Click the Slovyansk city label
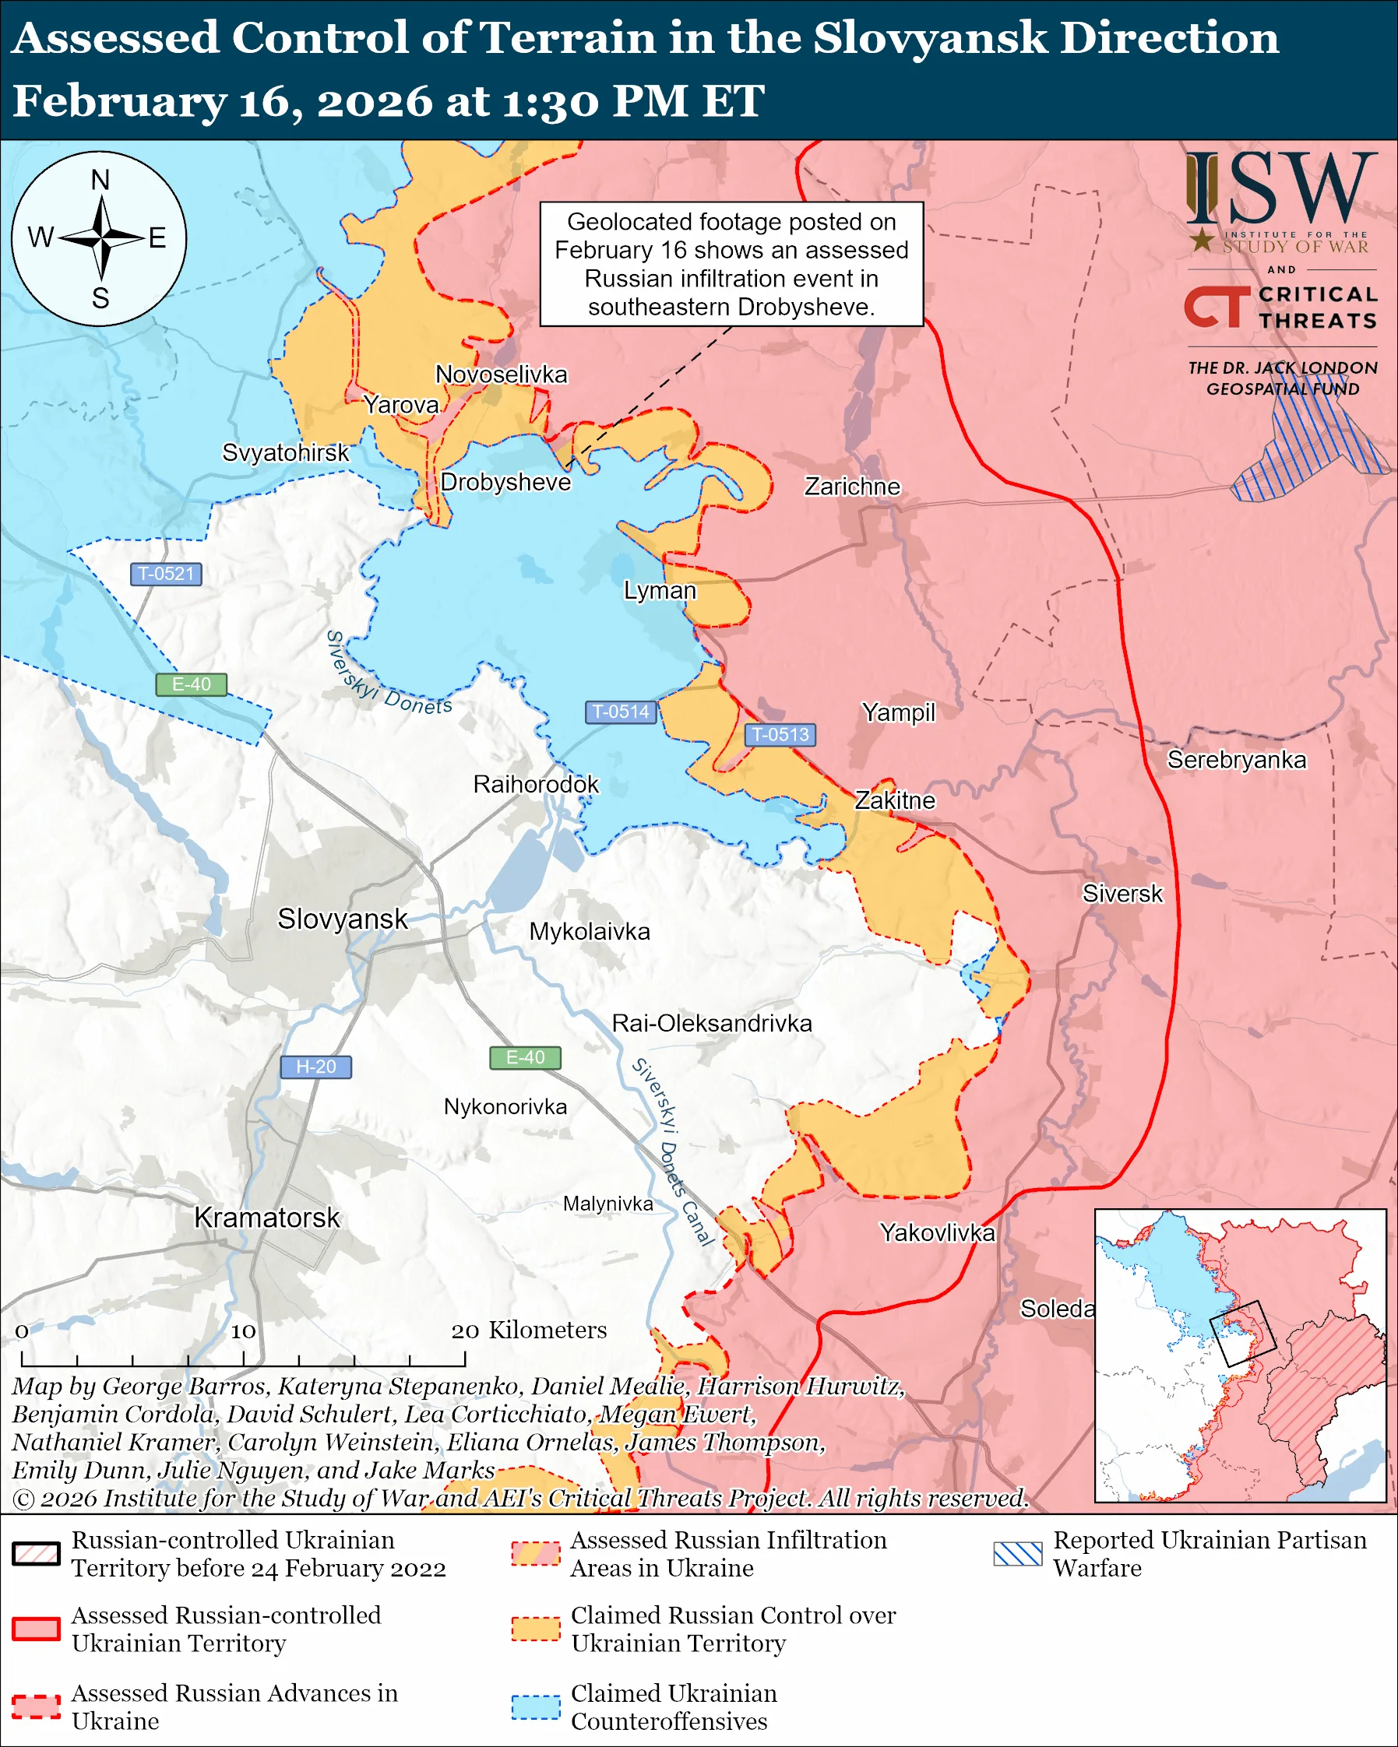[x=342, y=919]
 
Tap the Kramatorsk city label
[x=266, y=1218]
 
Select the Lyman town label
[x=659, y=590]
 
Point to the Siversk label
[x=1122, y=894]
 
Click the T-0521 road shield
[x=165, y=574]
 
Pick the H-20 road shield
[x=315, y=1067]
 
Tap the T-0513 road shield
[x=780, y=734]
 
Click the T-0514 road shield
[x=620, y=712]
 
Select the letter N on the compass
[x=100, y=180]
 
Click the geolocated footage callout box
[x=731, y=264]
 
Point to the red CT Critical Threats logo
[x=1216, y=307]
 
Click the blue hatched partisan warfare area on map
[x=1305, y=454]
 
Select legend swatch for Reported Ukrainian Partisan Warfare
[x=1017, y=1553]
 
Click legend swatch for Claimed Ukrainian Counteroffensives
[x=535, y=1706]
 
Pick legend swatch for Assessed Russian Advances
[x=37, y=1706]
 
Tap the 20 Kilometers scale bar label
[x=528, y=1330]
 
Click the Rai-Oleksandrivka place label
[x=712, y=1024]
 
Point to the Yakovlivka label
[x=937, y=1232]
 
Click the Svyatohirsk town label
[x=285, y=452]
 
